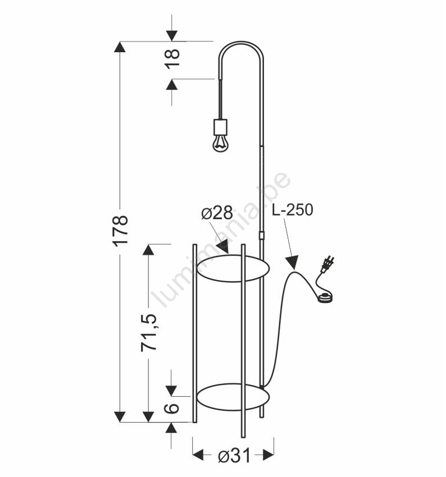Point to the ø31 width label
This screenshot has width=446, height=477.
pyautogui.click(x=233, y=456)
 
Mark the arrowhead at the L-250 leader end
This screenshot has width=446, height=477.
pyautogui.click(x=292, y=262)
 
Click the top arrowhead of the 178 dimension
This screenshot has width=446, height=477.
pyautogui.click(x=120, y=47)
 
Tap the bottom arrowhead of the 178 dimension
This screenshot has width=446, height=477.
pyautogui.click(x=120, y=416)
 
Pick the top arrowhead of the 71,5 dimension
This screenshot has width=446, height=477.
pyautogui.click(x=149, y=250)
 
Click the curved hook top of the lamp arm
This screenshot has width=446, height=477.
pyautogui.click(x=241, y=43)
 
